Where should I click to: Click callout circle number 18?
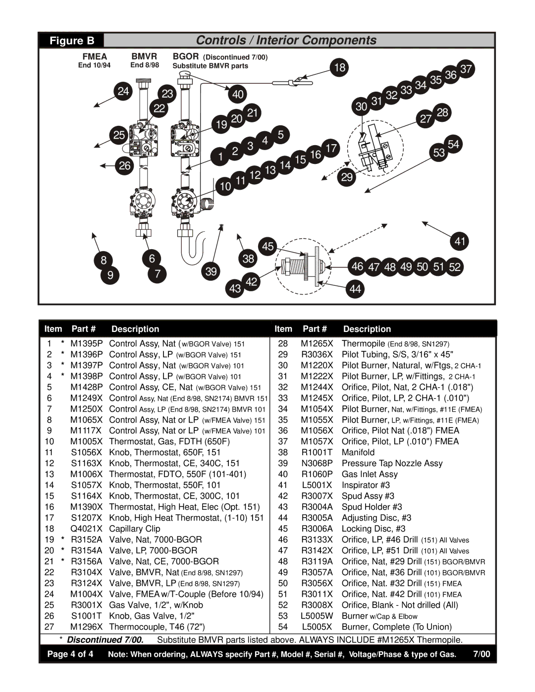point(340,67)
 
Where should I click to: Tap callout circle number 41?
point(460,241)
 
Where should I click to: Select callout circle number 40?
point(238,94)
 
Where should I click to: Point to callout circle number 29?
point(347,177)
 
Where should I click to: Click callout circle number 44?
point(355,289)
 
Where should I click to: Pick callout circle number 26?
point(125,165)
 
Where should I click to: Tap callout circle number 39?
point(211,271)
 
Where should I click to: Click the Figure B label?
point(71,41)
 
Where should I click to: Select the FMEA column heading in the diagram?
point(95,56)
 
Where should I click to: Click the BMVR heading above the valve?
point(144,56)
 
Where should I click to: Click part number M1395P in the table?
point(86,343)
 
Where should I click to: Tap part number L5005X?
point(317,627)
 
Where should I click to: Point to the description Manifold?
point(358,452)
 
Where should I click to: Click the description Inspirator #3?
point(366,485)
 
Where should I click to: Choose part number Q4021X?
point(86,529)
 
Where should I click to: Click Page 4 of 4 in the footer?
point(70,654)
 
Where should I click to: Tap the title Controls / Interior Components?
point(286,40)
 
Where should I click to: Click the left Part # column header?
point(83,329)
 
